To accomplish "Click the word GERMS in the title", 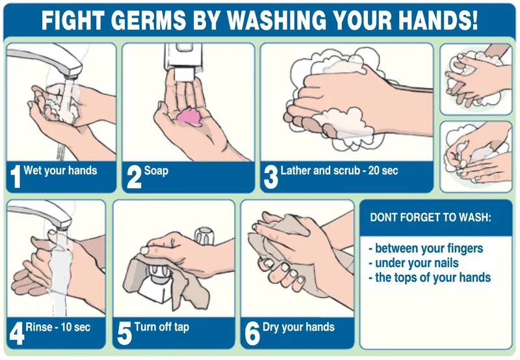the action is pyautogui.click(x=149, y=19).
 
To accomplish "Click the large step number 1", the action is pyautogui.click(x=16, y=177).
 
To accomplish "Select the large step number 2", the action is pyautogui.click(x=134, y=177).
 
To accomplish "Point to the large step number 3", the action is pyautogui.click(x=270, y=177).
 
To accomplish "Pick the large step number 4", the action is pyautogui.click(x=17, y=333).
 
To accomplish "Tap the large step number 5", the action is pyautogui.click(x=124, y=334).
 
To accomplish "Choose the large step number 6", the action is pyautogui.click(x=252, y=334).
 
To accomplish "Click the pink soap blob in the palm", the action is pyautogui.click(x=190, y=116).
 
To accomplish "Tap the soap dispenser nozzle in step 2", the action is pyautogui.click(x=183, y=74).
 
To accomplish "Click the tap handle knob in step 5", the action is pyautogui.click(x=204, y=235).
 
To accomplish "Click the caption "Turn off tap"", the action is pyautogui.click(x=162, y=327).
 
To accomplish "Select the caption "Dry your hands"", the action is pyautogui.click(x=298, y=327).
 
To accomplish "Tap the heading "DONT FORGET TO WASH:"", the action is pyautogui.click(x=430, y=218).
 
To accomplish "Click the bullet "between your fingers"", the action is pyautogui.click(x=426, y=248).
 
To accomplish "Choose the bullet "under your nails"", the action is pyautogui.click(x=414, y=263).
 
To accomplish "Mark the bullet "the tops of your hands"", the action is pyautogui.click(x=430, y=277).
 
